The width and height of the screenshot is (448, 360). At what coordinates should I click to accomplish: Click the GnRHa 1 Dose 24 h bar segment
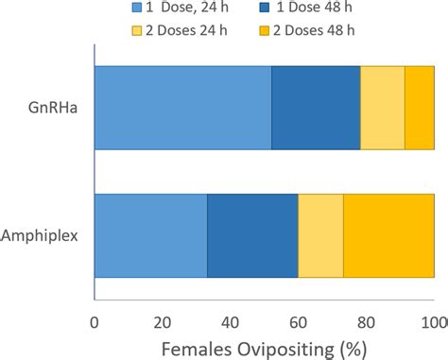182,109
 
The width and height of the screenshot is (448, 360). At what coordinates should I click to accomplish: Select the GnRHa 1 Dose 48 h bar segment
316,109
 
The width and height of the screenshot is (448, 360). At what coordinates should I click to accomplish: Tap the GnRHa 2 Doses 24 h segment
382,109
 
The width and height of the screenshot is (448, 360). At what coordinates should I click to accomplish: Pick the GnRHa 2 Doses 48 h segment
419,109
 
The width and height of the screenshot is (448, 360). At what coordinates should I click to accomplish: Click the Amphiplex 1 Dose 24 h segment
150,235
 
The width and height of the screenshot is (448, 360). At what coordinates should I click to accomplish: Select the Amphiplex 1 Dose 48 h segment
252,235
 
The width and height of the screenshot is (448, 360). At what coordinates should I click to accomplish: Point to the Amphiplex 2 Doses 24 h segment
320,235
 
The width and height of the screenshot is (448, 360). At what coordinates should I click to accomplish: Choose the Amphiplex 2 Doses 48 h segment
388,235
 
